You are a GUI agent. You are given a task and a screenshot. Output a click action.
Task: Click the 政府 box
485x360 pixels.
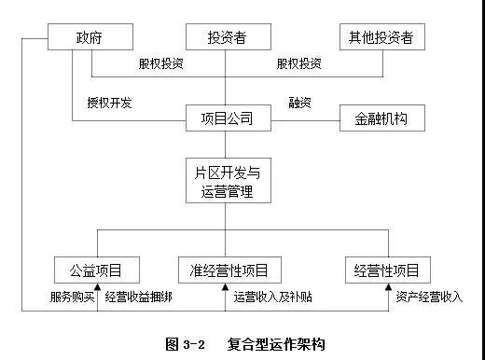(x=90, y=38)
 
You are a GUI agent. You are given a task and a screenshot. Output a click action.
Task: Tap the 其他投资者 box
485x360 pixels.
(x=381, y=38)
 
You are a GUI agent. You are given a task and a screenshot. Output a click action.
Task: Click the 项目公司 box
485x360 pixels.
(x=228, y=118)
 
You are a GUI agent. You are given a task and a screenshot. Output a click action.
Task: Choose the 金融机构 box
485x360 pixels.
(x=381, y=119)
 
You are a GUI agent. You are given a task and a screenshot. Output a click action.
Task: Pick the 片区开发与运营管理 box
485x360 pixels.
(x=228, y=181)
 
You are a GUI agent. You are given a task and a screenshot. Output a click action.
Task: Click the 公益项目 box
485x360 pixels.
(x=97, y=270)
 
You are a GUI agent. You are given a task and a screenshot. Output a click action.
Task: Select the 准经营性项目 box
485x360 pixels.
(x=227, y=270)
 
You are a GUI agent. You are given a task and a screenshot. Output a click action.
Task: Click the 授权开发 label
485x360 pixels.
(x=109, y=103)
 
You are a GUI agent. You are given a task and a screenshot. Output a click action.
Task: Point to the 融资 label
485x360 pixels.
(x=300, y=103)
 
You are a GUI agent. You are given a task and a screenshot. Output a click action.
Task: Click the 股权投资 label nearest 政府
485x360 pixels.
(x=160, y=64)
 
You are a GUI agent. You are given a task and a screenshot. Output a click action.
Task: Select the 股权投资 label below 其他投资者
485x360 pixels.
(x=299, y=64)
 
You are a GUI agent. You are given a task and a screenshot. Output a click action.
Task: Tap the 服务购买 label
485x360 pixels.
(x=71, y=298)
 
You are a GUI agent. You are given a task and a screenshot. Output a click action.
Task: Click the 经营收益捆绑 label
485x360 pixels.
(x=145, y=298)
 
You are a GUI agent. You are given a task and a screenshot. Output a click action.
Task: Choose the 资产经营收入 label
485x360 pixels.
(x=428, y=298)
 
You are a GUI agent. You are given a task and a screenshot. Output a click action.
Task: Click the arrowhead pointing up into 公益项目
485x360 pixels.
(x=97, y=289)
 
